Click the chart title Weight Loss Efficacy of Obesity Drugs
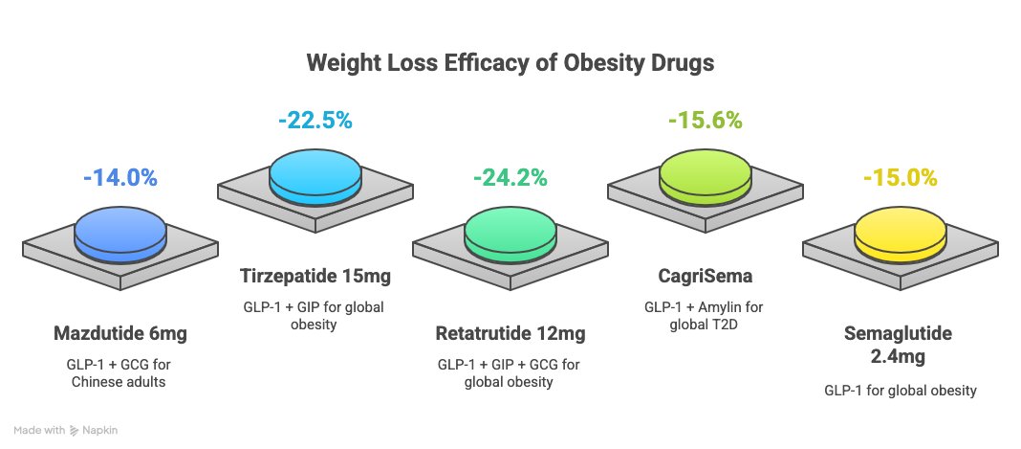[x=510, y=64]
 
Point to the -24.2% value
[x=510, y=177]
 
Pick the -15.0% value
[x=900, y=177]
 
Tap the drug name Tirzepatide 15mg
[x=315, y=277]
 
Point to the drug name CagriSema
[x=706, y=277]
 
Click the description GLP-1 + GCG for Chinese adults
[x=119, y=372]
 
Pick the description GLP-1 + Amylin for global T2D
[x=706, y=316]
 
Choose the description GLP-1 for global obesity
[x=900, y=391]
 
